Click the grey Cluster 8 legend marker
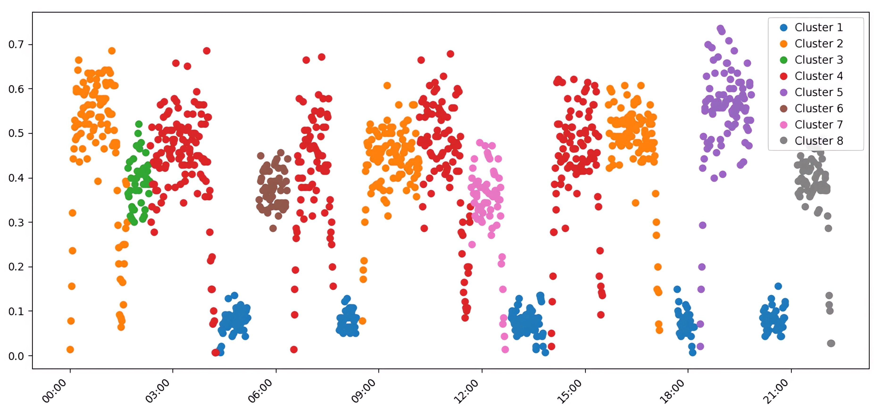[x=784, y=141]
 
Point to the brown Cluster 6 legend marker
[x=784, y=109]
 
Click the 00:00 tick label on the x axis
[x=54, y=391]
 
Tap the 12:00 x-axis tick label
[x=466, y=391]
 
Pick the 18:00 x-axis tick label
[x=672, y=391]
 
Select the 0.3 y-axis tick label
[x=16, y=222]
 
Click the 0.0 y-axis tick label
[x=16, y=356]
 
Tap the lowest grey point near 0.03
[x=831, y=343]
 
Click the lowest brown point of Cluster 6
[x=273, y=228]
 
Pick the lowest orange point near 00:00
[x=70, y=349]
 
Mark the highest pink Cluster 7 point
[x=480, y=142]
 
